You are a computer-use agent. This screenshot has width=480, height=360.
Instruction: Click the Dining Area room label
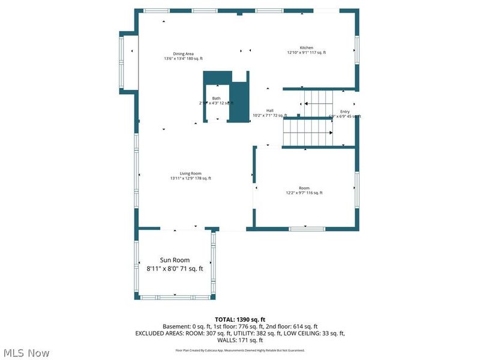point(183,53)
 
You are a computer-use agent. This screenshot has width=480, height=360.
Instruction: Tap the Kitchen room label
point(307,47)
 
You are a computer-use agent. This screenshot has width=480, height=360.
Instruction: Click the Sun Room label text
point(175,260)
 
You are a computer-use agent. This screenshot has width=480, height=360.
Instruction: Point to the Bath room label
point(216,98)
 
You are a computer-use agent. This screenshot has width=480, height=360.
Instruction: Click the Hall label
point(270,110)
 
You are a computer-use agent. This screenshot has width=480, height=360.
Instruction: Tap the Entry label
point(345,112)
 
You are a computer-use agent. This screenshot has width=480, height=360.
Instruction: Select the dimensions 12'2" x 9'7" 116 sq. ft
point(304,193)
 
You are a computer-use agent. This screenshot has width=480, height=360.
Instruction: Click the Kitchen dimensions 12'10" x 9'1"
point(306,53)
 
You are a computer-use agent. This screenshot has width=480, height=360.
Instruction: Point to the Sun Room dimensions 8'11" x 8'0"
point(175,269)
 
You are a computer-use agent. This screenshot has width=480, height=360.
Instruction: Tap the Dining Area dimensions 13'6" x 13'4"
point(183,58)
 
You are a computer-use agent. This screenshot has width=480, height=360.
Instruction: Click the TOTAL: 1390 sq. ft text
point(239,319)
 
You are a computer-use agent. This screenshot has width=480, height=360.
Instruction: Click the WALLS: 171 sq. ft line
point(239,340)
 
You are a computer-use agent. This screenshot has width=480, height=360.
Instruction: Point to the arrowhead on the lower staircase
point(330,133)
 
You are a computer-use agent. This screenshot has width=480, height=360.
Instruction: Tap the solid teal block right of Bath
point(239,102)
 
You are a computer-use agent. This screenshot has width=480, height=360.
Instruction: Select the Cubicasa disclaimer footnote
point(239,350)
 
